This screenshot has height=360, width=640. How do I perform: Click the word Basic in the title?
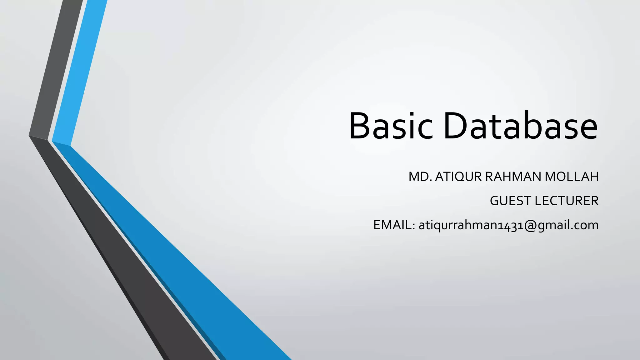pos(391,126)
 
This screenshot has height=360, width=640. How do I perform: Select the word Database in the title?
pos(520,126)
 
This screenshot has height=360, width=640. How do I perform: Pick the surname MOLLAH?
pos(572,177)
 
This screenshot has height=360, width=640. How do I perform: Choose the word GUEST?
pos(511,201)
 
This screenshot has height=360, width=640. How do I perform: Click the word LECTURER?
pos(567,201)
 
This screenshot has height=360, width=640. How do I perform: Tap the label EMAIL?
pos(394,225)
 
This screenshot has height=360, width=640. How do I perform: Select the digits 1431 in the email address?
pos(510,226)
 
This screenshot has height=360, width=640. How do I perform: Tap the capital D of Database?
pos(456,126)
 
